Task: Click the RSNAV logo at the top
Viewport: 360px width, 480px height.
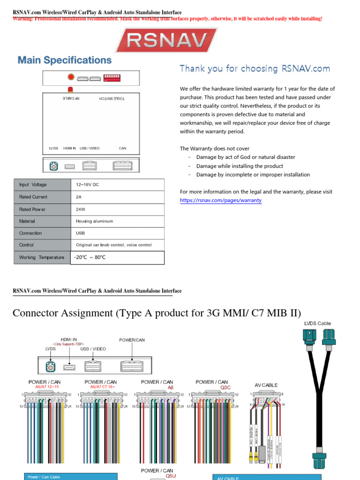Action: [166, 40]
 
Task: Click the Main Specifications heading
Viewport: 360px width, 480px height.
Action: [65, 60]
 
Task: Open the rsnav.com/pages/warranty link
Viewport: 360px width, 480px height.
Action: [221, 201]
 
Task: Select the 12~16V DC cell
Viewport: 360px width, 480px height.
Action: [87, 185]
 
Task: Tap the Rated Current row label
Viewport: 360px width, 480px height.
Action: [33, 197]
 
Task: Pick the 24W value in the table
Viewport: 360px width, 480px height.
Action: [81, 210]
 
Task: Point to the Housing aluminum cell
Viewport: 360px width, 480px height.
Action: [94, 221]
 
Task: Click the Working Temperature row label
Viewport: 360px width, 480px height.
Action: [42, 257]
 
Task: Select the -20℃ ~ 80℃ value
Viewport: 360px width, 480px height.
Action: [90, 257]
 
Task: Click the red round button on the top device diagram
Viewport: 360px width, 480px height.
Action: [71, 77]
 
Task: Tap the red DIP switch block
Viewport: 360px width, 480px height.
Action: [112, 77]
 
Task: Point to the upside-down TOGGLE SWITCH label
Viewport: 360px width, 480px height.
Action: [112, 98]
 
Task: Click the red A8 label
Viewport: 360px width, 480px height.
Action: [171, 388]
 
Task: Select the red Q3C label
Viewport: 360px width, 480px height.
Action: [225, 388]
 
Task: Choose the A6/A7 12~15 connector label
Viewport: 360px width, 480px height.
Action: [47, 387]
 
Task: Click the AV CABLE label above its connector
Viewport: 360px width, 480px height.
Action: [266, 385]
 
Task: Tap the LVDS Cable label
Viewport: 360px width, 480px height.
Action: [317, 323]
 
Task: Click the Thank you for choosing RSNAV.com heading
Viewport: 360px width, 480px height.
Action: [255, 69]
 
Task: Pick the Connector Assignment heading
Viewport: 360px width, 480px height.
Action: [157, 313]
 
